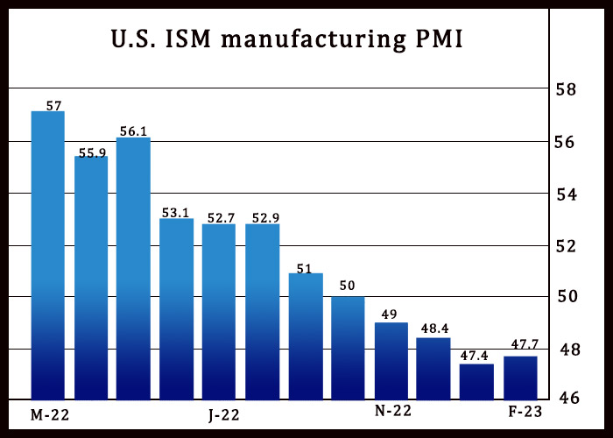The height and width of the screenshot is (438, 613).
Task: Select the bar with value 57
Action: tap(48, 254)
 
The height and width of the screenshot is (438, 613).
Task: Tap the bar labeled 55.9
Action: tap(91, 277)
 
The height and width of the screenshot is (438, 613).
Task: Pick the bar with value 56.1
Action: tap(134, 267)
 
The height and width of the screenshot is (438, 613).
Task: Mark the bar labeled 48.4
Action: tap(433, 368)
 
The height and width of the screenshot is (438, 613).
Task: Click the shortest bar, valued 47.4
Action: tap(476, 381)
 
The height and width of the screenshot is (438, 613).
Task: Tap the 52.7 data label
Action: tap(220, 215)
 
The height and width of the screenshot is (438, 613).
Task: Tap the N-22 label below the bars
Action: tap(393, 411)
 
